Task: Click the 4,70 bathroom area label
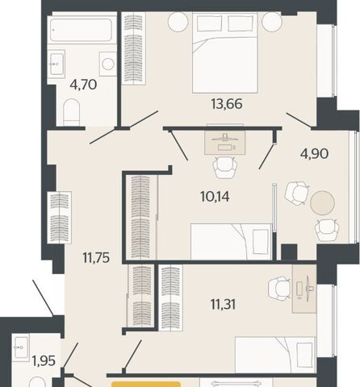point(83,85)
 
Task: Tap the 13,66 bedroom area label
point(227,104)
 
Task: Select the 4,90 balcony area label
point(315,154)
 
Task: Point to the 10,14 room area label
point(215,197)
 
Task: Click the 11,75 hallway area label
point(96,258)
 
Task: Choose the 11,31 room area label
point(223,305)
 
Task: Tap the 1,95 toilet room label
point(44,360)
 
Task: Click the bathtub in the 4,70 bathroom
point(81,30)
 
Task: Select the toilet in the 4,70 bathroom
point(72,112)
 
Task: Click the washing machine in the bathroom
point(108,64)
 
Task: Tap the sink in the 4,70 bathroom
point(57,64)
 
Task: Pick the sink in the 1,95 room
point(21,347)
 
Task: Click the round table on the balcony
point(322,202)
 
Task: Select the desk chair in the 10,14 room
point(225,168)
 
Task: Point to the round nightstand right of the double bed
point(272,22)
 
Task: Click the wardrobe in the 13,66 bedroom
point(134,48)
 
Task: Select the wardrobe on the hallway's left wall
point(59,218)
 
